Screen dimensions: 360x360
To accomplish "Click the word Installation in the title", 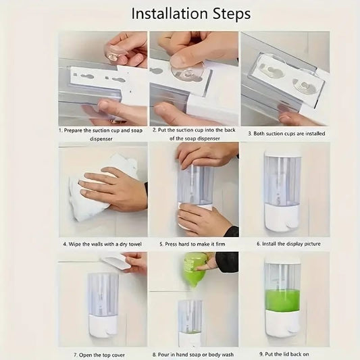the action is [x=170, y=14].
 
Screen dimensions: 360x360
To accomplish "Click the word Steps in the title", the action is [x=232, y=14].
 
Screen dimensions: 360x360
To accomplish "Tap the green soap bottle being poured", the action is [x=196, y=269].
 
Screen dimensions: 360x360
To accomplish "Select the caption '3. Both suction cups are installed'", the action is [x=286, y=134].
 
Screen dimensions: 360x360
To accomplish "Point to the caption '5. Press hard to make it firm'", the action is [x=192, y=244].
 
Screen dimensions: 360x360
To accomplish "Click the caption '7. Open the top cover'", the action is [x=99, y=355].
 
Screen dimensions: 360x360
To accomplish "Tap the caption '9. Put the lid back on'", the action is [x=284, y=355].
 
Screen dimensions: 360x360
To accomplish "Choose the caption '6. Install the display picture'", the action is [x=288, y=244].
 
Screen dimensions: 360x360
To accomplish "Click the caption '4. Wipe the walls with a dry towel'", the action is [x=103, y=244].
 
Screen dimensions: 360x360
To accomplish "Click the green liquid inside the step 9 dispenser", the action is [x=282, y=300].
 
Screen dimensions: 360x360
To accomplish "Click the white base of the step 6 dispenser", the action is [x=282, y=217].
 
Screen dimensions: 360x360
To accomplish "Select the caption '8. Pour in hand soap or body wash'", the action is [x=193, y=355].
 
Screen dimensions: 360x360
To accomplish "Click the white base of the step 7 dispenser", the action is [x=103, y=326].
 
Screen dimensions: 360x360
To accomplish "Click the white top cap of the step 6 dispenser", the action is [x=282, y=153].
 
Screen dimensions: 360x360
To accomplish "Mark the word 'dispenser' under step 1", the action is [x=101, y=139].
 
